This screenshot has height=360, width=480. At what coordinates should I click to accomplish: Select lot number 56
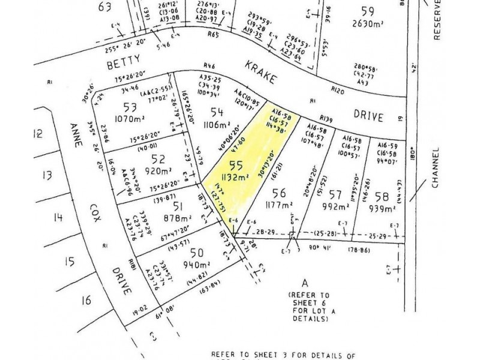(x=278, y=193)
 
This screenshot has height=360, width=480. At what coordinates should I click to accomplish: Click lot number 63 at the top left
(x=105, y=7)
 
